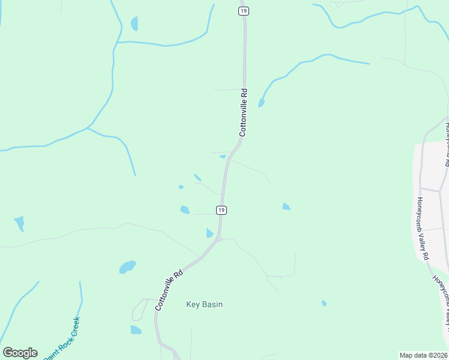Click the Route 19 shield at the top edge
click(x=243, y=11)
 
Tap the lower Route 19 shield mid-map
click(x=221, y=209)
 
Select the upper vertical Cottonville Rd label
click(x=243, y=113)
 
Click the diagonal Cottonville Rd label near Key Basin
click(x=169, y=290)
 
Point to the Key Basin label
click(x=204, y=305)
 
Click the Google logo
click(x=20, y=353)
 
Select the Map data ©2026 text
click(x=423, y=355)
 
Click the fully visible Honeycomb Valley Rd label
click(x=423, y=229)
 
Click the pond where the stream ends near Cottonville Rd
click(x=261, y=103)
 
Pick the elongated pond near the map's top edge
click(x=134, y=23)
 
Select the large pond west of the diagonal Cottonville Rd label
click(x=127, y=266)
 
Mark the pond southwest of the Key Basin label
click(x=136, y=329)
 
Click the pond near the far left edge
click(x=20, y=223)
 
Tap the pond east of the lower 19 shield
click(x=286, y=207)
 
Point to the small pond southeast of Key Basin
click(x=324, y=304)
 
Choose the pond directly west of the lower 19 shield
click(x=185, y=209)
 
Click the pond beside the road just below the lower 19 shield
click(x=209, y=233)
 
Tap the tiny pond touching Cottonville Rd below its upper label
click(x=223, y=157)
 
